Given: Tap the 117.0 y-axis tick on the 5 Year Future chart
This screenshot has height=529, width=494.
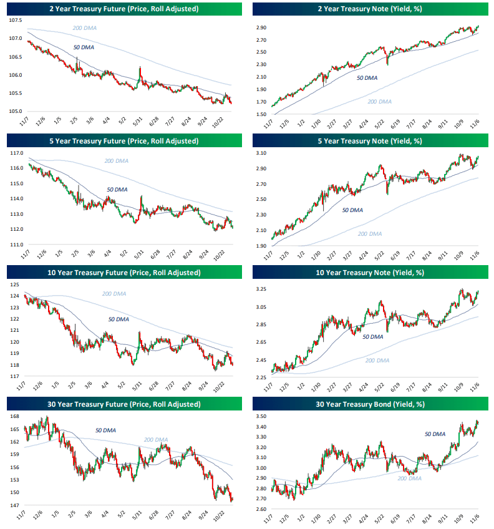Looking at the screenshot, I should coord(16,153).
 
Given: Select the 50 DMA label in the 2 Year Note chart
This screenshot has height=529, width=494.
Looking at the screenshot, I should coord(367,78).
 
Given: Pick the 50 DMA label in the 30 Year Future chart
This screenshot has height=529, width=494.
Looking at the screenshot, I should coord(106,430).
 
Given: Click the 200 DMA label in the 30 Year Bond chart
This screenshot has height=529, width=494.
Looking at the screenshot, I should coord(409,478).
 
